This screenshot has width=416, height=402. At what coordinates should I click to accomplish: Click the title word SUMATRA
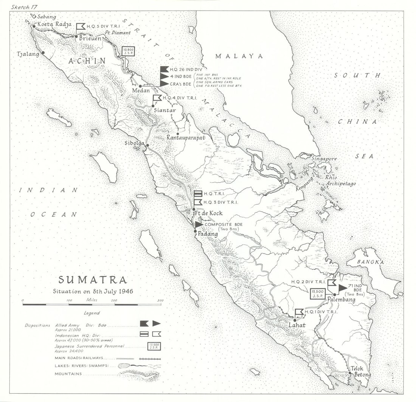[x=93, y=280]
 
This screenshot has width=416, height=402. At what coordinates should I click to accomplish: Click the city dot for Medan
[x=140, y=86]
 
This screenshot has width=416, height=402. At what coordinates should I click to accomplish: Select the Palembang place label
[x=341, y=300]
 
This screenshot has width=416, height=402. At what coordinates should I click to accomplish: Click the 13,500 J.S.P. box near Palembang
[x=317, y=293]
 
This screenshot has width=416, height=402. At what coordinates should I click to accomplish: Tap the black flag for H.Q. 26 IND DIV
[x=164, y=70]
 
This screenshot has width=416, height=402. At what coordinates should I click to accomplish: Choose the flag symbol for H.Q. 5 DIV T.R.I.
[x=81, y=26]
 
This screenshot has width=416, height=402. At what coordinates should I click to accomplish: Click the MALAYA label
[x=239, y=56]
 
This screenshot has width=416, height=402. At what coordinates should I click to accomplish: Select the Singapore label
[x=324, y=159]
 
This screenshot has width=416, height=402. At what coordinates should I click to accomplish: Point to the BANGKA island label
[x=371, y=262]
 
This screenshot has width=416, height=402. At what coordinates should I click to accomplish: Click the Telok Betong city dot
[x=350, y=373]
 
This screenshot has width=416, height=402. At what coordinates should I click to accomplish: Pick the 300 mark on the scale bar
[x=161, y=301]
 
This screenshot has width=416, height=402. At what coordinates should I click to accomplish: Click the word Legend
[x=92, y=313]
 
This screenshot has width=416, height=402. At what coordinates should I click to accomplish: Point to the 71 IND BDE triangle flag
[x=343, y=288]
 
